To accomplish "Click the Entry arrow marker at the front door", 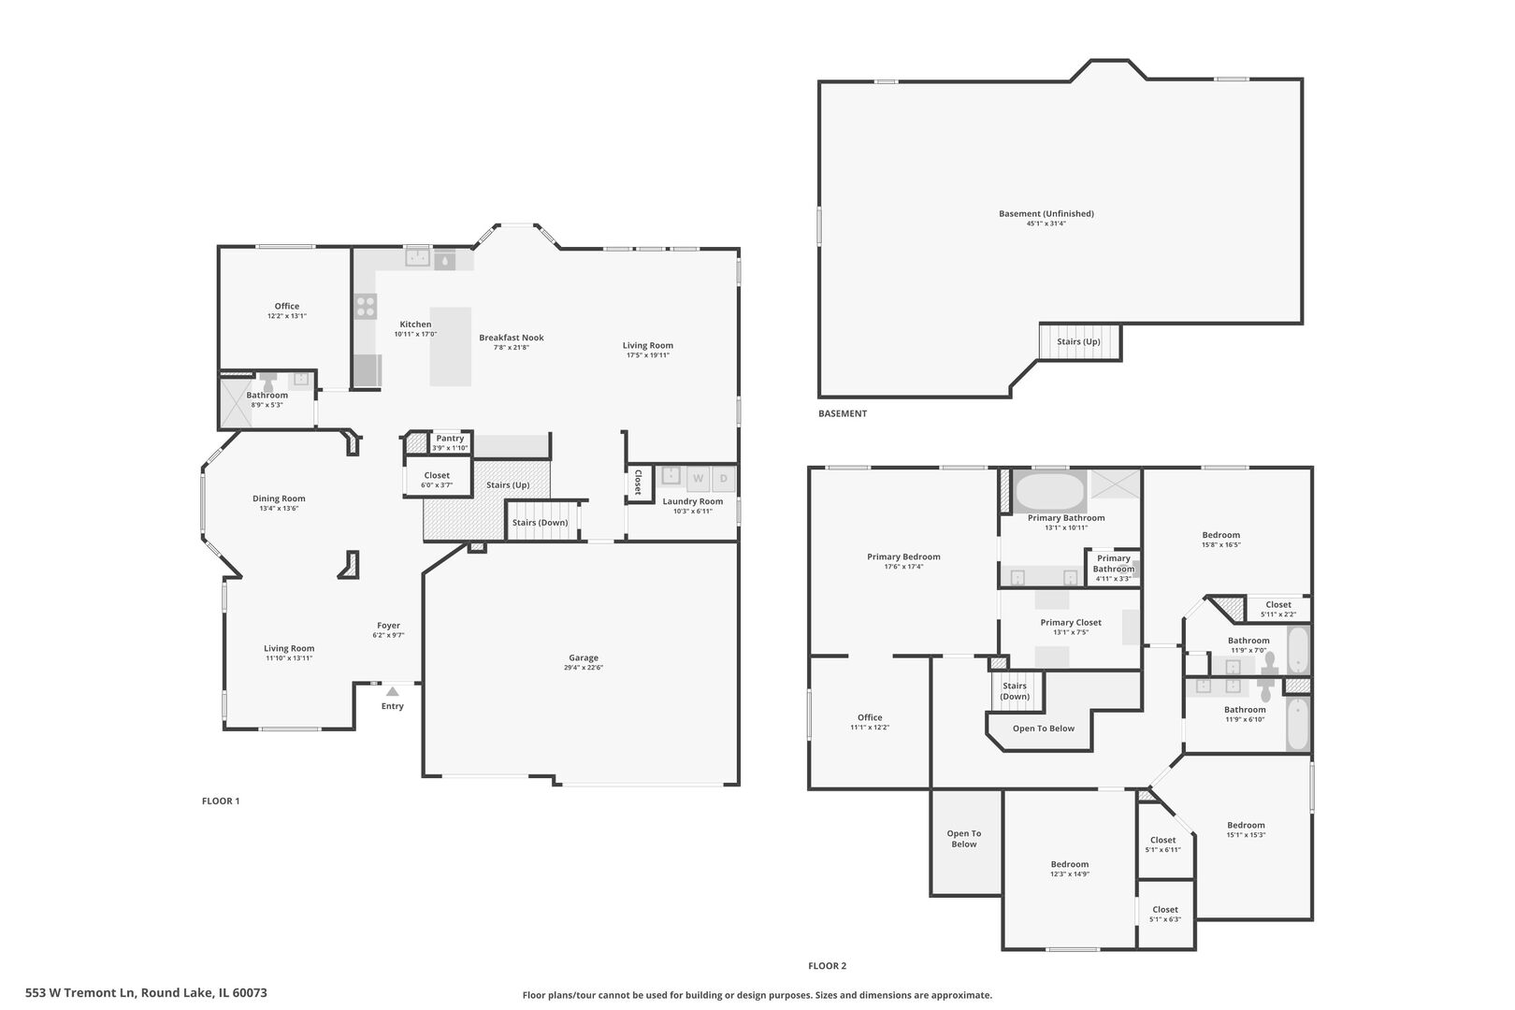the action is pyautogui.click(x=392, y=691).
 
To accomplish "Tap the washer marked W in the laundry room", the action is pyautogui.click(x=698, y=479).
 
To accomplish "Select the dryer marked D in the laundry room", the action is pyautogui.click(x=723, y=479).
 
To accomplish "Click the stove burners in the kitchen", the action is pyautogui.click(x=366, y=307).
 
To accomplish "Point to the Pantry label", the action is pyautogui.click(x=450, y=439).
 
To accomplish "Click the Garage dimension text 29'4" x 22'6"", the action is pyautogui.click(x=584, y=668).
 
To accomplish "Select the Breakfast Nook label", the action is pyautogui.click(x=512, y=338).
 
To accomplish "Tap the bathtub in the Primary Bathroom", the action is pyautogui.click(x=1049, y=490).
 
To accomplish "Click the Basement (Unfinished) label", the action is pyautogui.click(x=1046, y=214).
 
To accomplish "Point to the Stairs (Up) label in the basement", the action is pyautogui.click(x=1079, y=341).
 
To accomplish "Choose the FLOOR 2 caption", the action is pyautogui.click(x=827, y=966).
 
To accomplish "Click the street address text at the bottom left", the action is pyautogui.click(x=146, y=993).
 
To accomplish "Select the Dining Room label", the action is pyautogui.click(x=279, y=498).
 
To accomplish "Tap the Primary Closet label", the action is pyautogui.click(x=1071, y=623).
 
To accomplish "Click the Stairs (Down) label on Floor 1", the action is pyautogui.click(x=540, y=522).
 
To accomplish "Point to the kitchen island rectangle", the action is pyautogui.click(x=451, y=346).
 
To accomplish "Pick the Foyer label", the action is pyautogui.click(x=388, y=626).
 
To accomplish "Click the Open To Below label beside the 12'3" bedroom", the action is pyautogui.click(x=964, y=839).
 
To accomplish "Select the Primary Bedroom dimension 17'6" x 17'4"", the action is pyautogui.click(x=903, y=567).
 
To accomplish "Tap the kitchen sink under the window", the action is pyautogui.click(x=418, y=258).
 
